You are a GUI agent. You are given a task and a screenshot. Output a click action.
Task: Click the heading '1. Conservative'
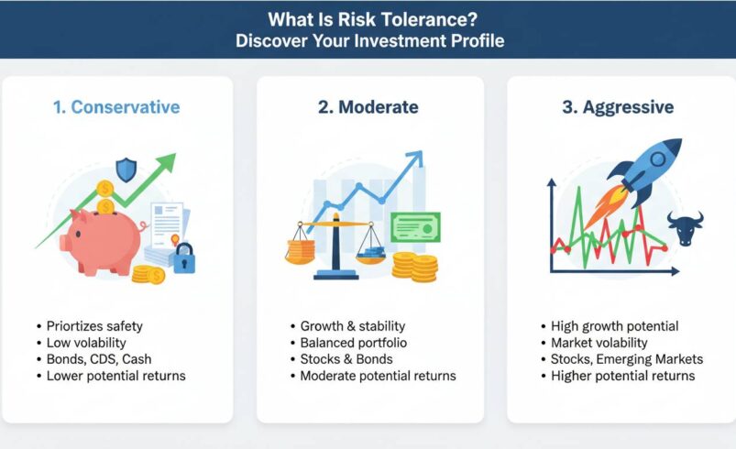(115, 107)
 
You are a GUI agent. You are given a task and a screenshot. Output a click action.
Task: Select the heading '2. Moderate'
(368, 107)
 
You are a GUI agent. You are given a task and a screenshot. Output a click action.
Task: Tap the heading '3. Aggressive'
(618, 107)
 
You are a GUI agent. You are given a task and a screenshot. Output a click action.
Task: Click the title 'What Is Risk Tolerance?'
(368, 18)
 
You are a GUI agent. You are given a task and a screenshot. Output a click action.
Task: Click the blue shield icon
(126, 170)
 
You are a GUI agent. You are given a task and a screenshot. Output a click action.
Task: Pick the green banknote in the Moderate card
(414, 227)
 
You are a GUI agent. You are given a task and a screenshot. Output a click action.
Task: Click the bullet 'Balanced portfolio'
(353, 343)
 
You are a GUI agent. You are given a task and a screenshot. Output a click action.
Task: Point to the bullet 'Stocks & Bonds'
(346, 359)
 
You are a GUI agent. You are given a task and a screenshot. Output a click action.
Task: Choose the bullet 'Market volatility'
(599, 343)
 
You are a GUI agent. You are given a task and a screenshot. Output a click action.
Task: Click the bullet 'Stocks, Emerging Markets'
(626, 359)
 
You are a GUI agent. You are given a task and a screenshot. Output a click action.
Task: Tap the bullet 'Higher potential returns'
(622, 376)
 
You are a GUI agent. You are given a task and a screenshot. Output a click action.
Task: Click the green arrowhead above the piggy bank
(166, 164)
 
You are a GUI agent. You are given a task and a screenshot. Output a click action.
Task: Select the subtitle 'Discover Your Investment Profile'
(368, 41)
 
